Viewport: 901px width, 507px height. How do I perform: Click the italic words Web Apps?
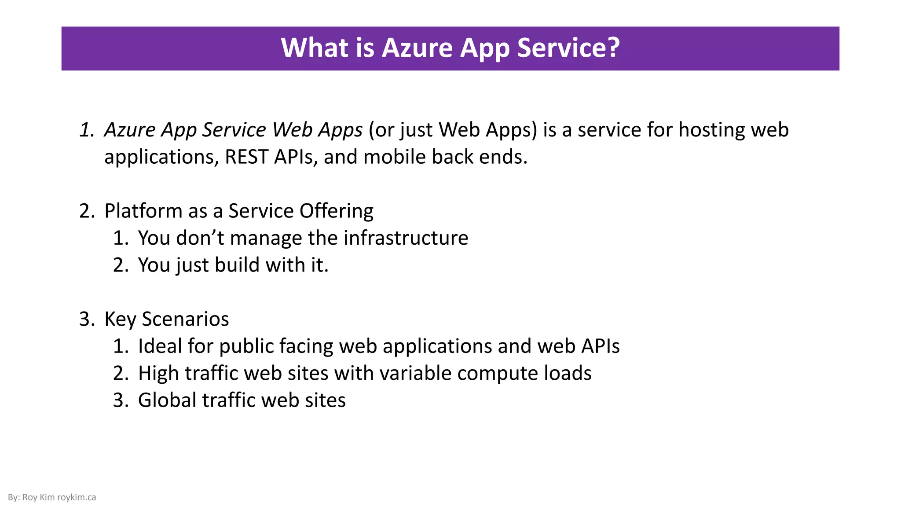[317, 130]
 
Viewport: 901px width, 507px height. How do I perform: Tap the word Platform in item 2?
[143, 211]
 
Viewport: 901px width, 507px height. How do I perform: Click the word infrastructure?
[406, 238]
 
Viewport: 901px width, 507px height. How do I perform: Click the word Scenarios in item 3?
[185, 319]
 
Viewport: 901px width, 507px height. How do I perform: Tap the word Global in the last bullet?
[167, 400]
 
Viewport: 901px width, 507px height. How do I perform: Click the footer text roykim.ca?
[77, 497]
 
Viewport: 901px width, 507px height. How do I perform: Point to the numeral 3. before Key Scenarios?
[87, 319]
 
